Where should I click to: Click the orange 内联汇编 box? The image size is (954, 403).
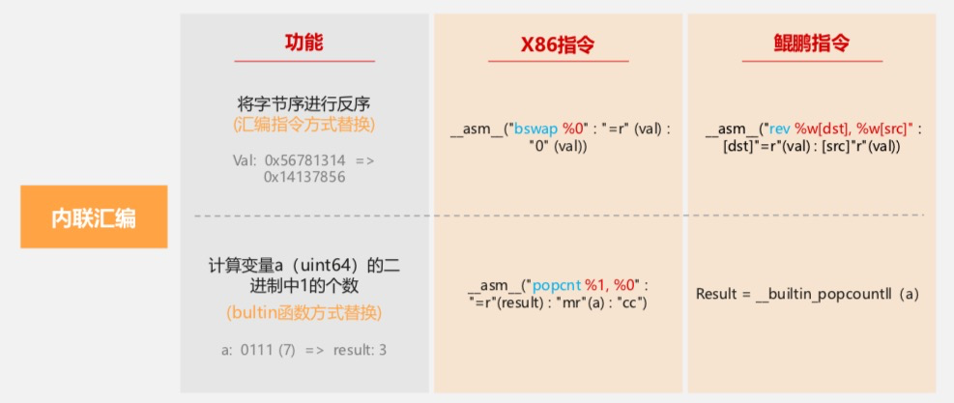94,216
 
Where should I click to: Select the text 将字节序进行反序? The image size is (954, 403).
304,103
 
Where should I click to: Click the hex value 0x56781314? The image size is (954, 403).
304,159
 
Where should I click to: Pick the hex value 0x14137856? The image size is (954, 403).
304,177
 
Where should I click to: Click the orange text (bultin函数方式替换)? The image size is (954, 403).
304,312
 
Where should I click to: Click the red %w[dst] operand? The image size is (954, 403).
824,129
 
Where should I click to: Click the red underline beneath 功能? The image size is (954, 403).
304,61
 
